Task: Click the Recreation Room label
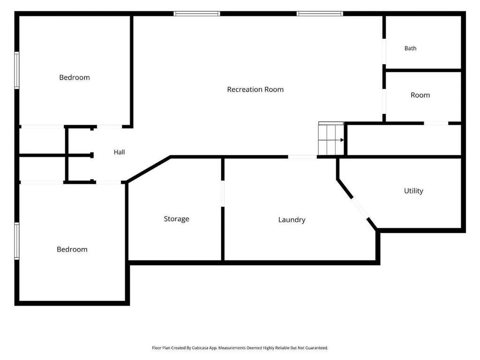(255, 90)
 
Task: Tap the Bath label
(410, 48)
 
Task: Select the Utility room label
(413, 191)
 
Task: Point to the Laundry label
(292, 220)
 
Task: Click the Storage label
(176, 219)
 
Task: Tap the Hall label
(119, 152)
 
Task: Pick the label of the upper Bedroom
(75, 77)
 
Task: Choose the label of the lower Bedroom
(72, 249)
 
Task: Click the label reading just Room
(420, 95)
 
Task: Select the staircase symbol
(331, 138)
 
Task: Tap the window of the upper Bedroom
(17, 70)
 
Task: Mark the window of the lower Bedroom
(17, 241)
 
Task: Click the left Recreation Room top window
(197, 14)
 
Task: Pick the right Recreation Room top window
(320, 14)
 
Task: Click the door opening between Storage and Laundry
(223, 194)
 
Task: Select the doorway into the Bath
(384, 52)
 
